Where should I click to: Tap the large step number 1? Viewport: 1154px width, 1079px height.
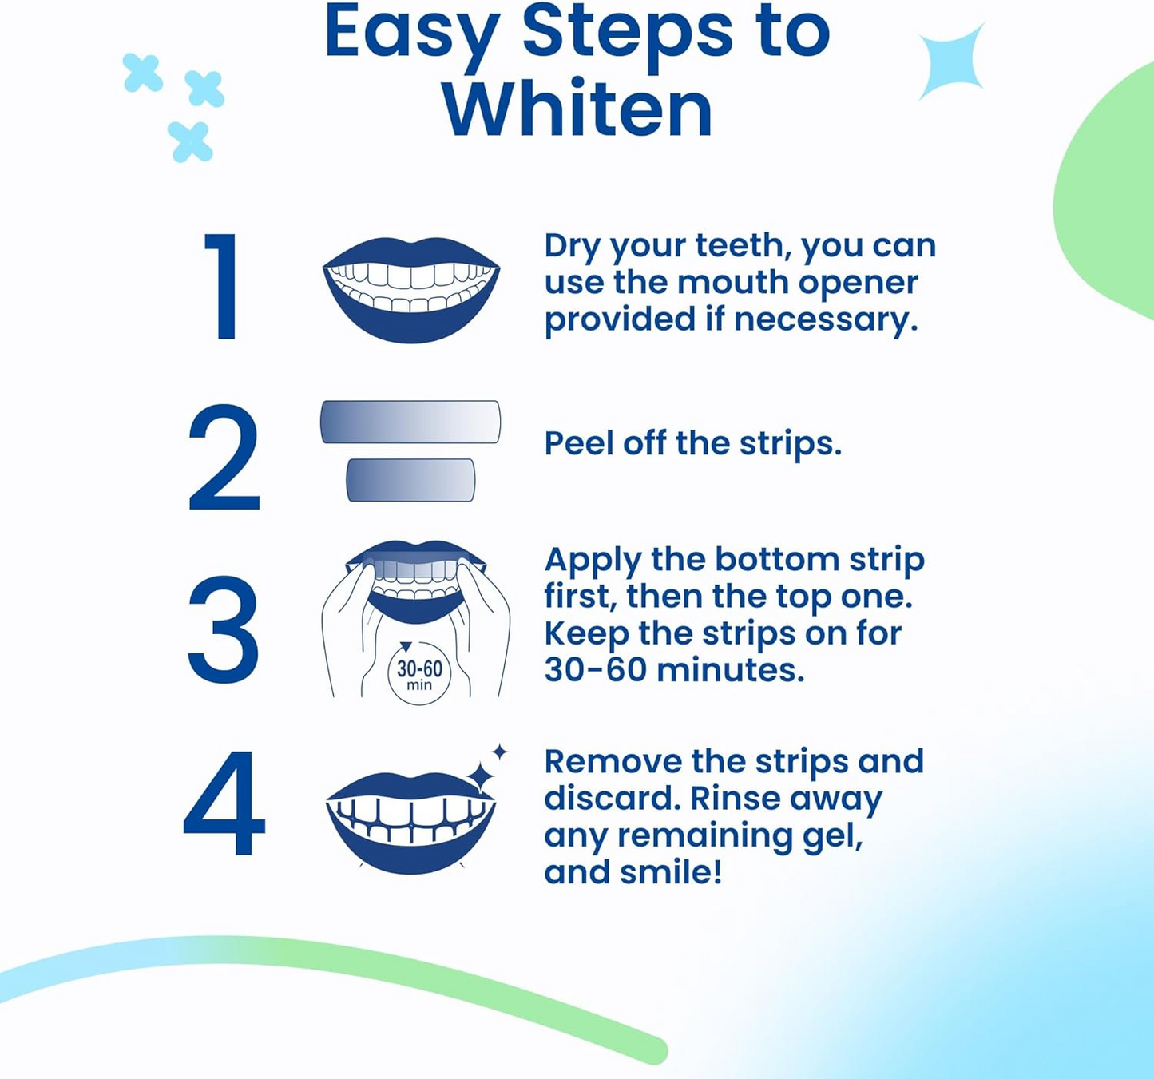click(223, 287)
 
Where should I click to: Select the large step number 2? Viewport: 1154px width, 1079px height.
click(224, 458)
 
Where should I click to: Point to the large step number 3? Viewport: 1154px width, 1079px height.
click(223, 631)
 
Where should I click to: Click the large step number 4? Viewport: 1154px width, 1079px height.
click(224, 803)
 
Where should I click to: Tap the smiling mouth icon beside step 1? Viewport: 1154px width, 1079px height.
click(411, 289)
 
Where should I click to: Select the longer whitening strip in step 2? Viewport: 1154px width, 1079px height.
click(410, 422)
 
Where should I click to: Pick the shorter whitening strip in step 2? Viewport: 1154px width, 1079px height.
click(410, 480)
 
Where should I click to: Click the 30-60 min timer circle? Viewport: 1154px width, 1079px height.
click(419, 674)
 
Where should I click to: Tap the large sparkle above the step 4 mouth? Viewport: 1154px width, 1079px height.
click(482, 776)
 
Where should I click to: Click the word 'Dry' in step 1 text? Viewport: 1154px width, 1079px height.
click(573, 245)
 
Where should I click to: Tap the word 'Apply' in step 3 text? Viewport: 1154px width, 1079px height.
click(592, 561)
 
